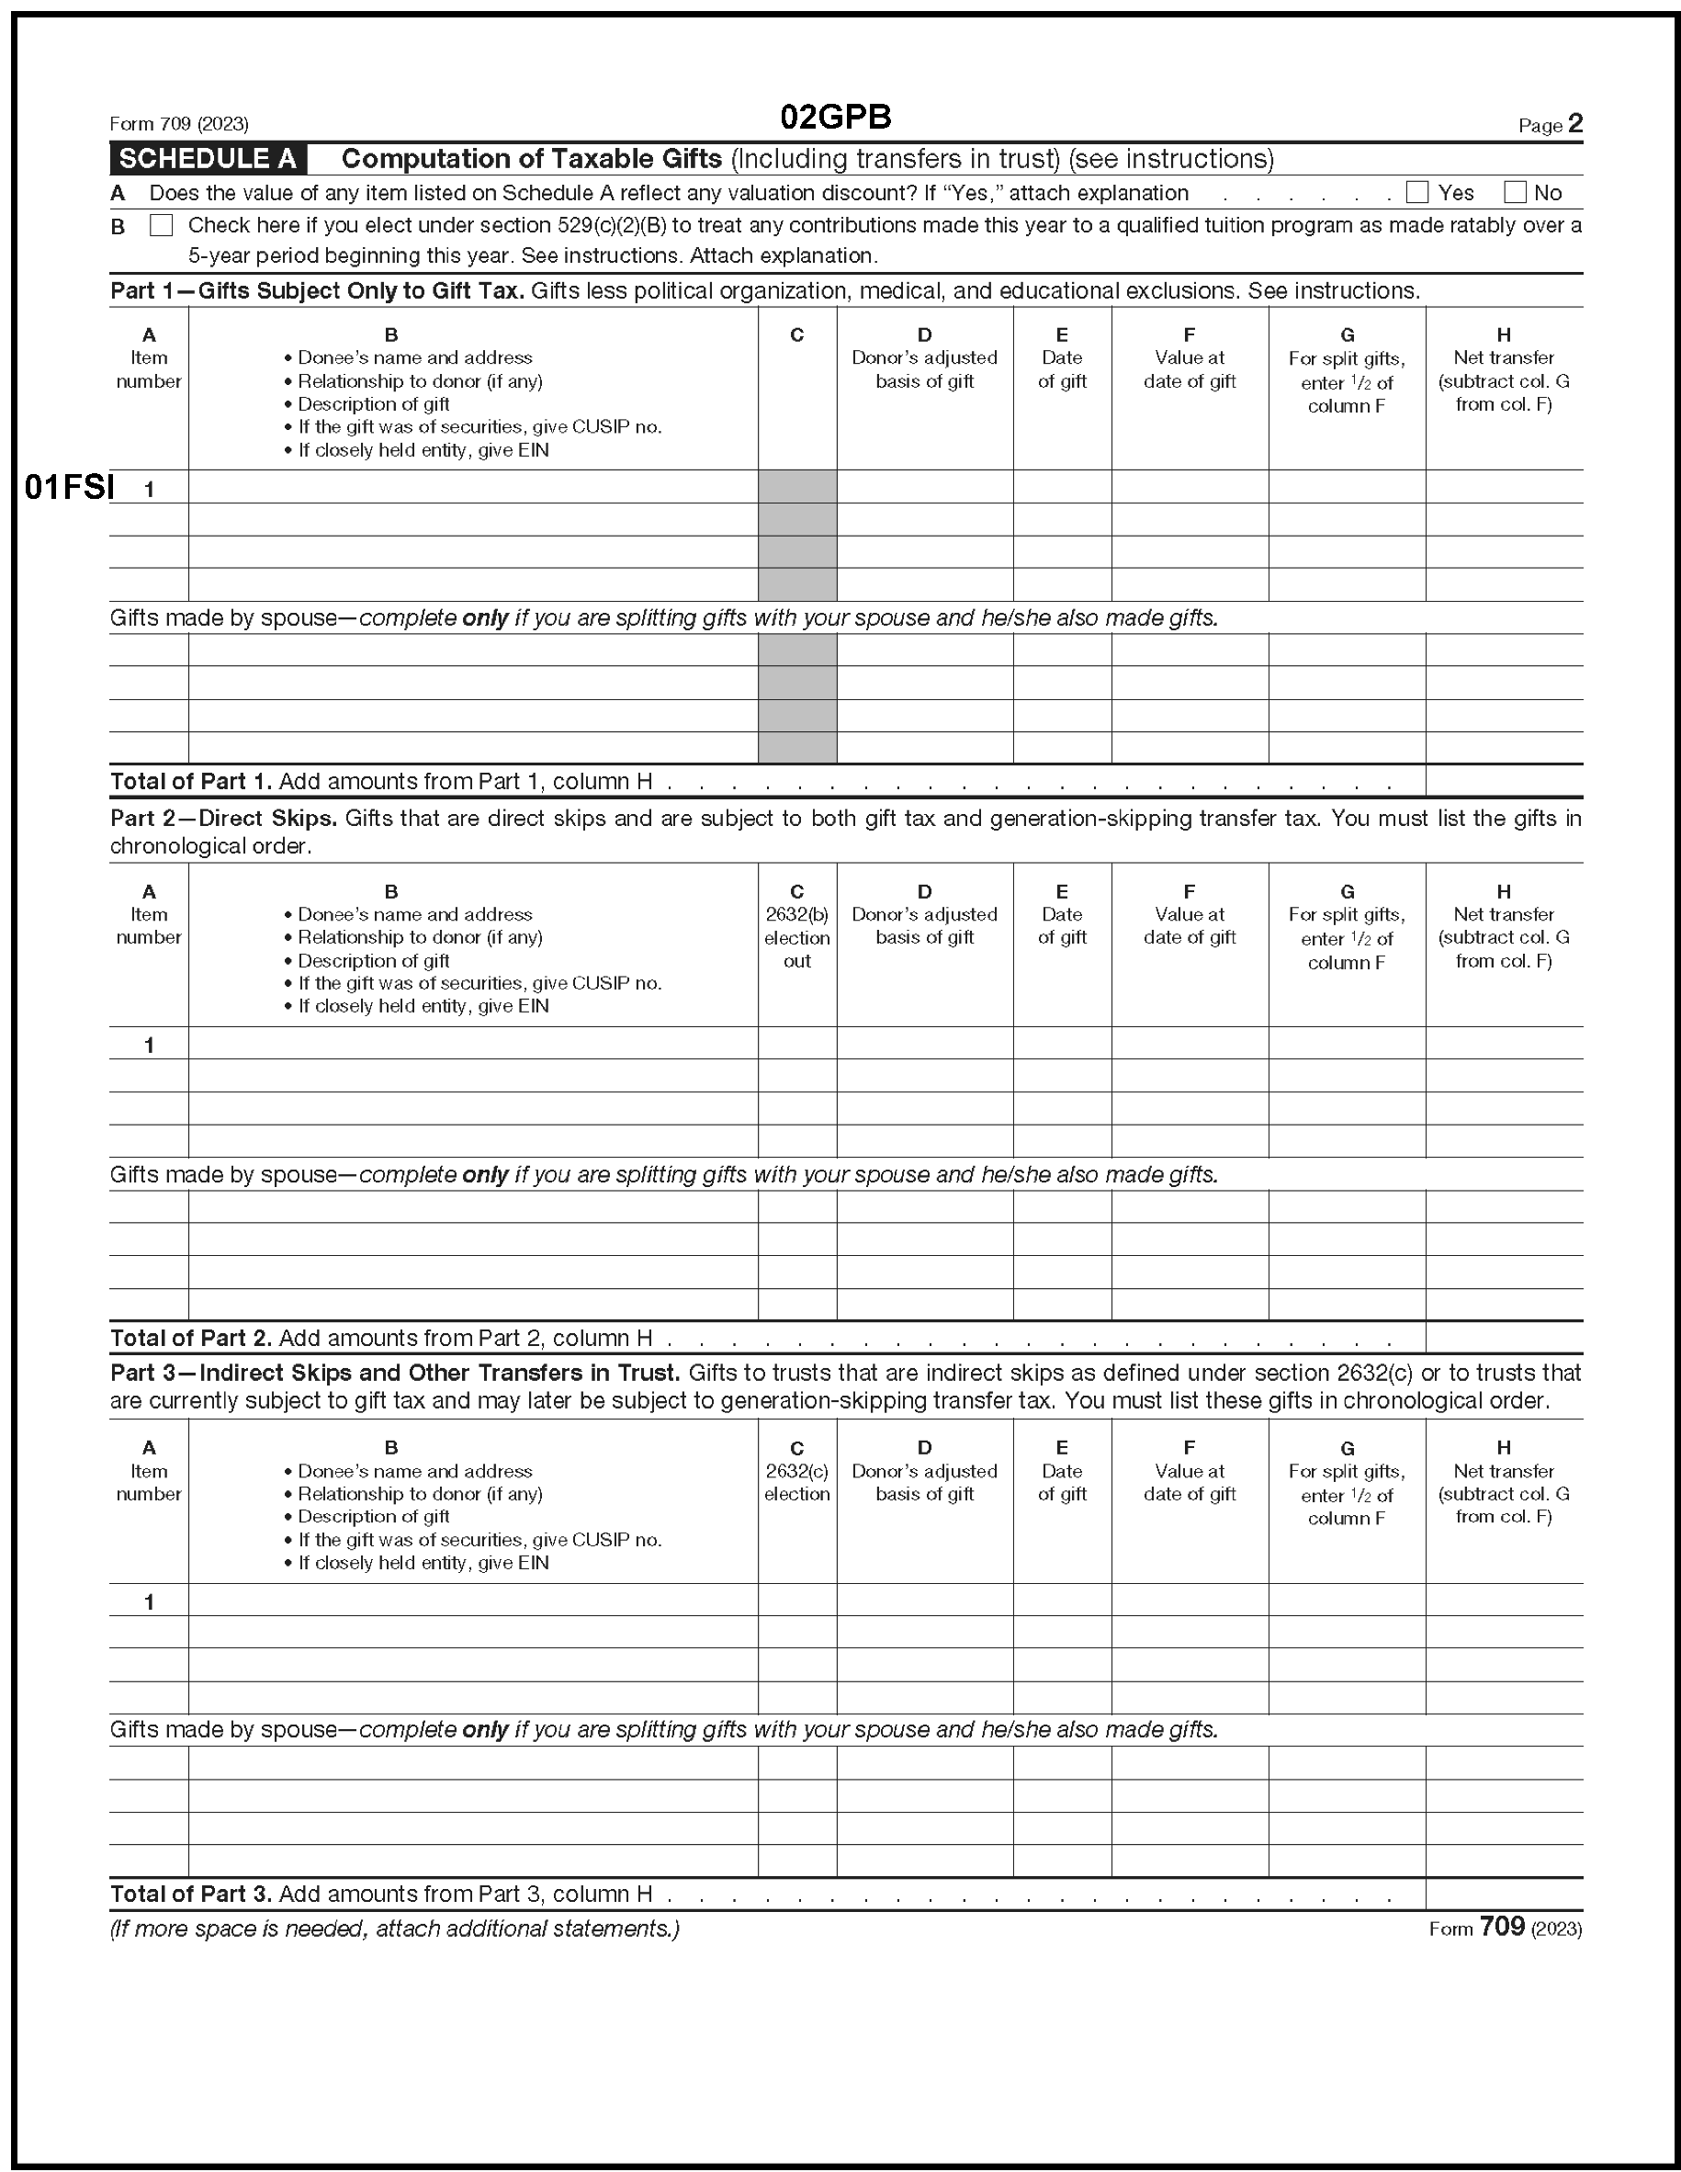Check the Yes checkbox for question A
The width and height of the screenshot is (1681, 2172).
click(x=1416, y=192)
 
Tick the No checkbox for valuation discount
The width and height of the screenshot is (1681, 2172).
click(x=1514, y=192)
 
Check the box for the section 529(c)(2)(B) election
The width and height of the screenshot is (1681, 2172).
click(x=160, y=225)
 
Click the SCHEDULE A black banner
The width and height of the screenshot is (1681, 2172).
click(x=208, y=159)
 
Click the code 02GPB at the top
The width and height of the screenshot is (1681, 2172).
click(x=835, y=118)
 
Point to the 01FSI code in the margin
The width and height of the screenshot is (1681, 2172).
click(x=69, y=487)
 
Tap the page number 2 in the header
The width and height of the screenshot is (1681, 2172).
click(x=1574, y=123)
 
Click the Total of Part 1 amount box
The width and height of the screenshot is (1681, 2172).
click(x=1503, y=781)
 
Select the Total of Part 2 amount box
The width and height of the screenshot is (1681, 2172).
click(x=1503, y=1337)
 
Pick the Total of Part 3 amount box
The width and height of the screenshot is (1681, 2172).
click(x=1503, y=1893)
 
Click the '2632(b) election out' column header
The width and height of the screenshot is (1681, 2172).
click(x=796, y=937)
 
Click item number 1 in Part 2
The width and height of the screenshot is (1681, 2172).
click(x=149, y=1045)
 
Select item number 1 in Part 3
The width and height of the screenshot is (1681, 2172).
click(x=149, y=1601)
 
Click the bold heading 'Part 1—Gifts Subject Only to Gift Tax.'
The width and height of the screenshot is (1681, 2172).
click(x=317, y=290)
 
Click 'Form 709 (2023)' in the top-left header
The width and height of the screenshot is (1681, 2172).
click(x=179, y=124)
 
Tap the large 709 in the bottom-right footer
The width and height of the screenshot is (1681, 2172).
click(x=1501, y=1927)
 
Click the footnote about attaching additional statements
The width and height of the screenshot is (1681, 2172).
click(x=395, y=1929)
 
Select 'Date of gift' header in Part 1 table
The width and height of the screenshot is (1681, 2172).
click(x=1062, y=369)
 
